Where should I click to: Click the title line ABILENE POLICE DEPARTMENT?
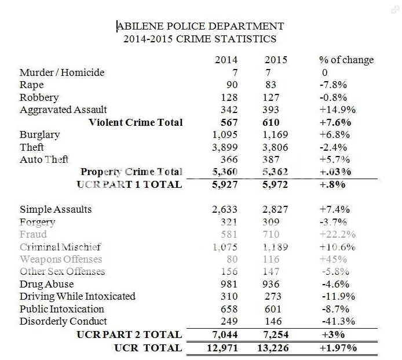(200, 27)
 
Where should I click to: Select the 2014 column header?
(226, 60)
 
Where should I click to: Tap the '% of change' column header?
(346, 60)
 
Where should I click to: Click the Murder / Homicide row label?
(62, 72)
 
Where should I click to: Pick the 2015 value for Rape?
(272, 85)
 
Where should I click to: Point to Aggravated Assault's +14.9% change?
(337, 110)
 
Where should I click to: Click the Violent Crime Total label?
(136, 122)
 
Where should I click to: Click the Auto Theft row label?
(44, 159)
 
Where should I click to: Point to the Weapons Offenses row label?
(61, 259)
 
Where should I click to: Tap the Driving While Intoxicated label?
(78, 296)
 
